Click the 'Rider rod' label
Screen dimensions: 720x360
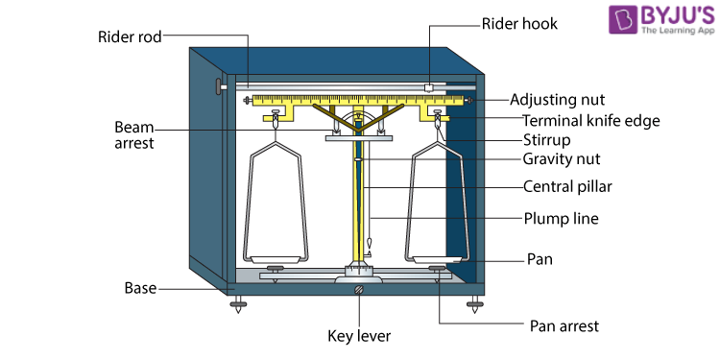tap(130, 36)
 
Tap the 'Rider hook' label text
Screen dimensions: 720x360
tap(519, 24)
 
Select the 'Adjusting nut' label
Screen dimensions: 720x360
tap(558, 99)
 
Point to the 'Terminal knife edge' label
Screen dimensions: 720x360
tap(591, 121)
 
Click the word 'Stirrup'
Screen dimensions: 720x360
tap(547, 138)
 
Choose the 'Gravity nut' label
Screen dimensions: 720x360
tap(562, 158)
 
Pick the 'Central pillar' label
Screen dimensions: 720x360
tap(567, 187)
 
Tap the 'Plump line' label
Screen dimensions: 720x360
tap(562, 219)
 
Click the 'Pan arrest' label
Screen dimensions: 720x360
tap(564, 326)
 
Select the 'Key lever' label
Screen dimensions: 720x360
tap(359, 336)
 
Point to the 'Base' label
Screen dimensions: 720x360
tap(140, 288)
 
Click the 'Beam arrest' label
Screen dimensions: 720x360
tap(134, 134)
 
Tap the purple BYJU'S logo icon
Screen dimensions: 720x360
tap(622, 19)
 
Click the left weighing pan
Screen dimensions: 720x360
tap(276, 260)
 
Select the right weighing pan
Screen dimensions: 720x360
tap(436, 260)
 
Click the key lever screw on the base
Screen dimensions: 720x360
tap(359, 290)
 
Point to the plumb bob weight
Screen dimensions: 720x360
tap(369, 244)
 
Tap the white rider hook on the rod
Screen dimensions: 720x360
tap(429, 87)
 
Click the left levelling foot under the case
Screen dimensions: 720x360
tap(238, 304)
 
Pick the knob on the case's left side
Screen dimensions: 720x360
tap(221, 86)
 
